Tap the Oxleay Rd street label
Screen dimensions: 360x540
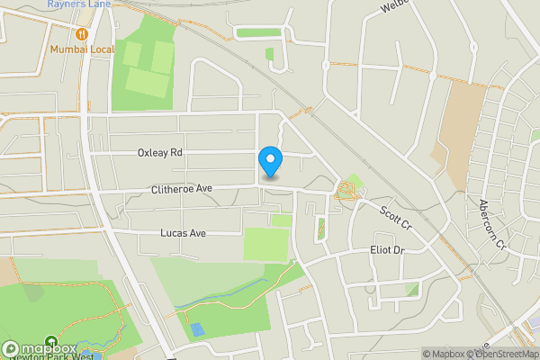click(160, 153)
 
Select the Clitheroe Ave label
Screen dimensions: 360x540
click(181, 189)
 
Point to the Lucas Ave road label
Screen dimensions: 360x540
click(183, 233)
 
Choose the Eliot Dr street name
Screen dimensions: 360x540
click(388, 249)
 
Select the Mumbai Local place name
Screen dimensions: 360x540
click(80, 49)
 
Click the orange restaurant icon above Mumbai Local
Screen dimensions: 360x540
click(81, 33)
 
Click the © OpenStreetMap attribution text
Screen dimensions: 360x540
click(500, 354)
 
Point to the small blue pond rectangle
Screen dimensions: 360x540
click(197, 330)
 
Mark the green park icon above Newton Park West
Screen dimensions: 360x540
click(85, 347)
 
